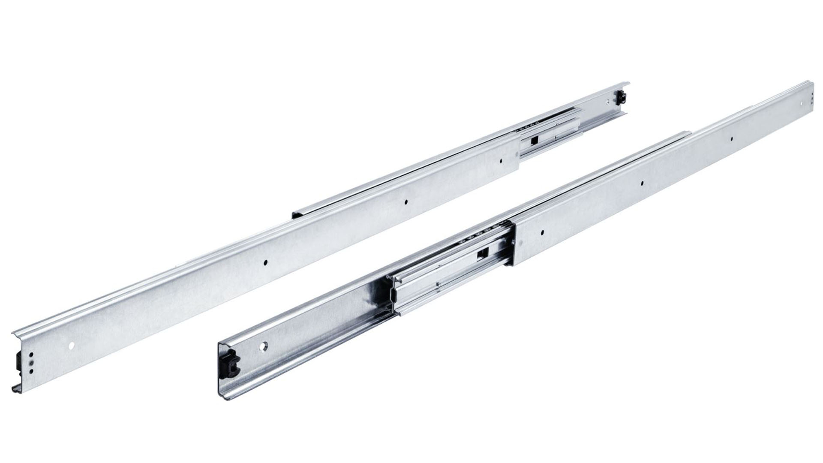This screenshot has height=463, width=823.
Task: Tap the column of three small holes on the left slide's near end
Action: (x=30, y=362)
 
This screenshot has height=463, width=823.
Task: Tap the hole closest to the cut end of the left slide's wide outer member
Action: (x=502, y=162)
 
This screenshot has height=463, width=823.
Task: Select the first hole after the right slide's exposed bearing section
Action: (x=542, y=233)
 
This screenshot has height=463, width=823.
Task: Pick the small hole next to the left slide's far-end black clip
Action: (x=609, y=102)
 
